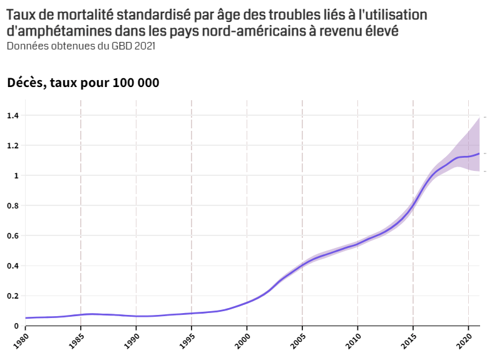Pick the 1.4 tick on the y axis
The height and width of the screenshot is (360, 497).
pyautogui.click(x=13, y=116)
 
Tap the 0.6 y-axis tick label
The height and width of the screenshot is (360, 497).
pyautogui.click(x=13, y=236)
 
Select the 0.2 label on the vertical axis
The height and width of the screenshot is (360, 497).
pyautogui.click(x=13, y=296)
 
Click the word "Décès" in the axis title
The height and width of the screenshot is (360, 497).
pyautogui.click(x=26, y=83)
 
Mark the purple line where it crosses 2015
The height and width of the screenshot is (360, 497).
pyautogui.click(x=412, y=205)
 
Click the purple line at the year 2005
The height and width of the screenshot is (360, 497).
pyautogui.click(x=302, y=265)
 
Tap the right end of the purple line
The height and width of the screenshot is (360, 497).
pyautogui.click(x=479, y=153)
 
